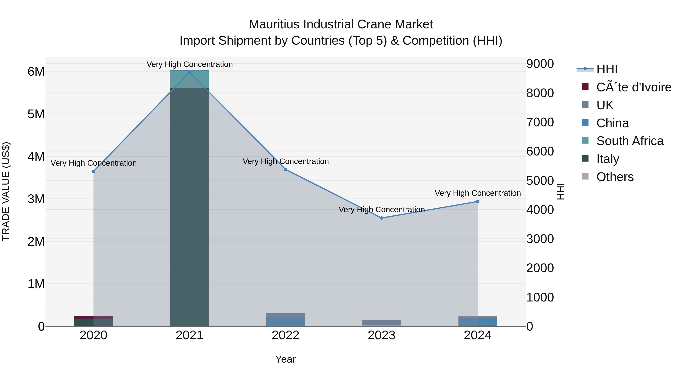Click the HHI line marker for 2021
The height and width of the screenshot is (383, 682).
[189, 72]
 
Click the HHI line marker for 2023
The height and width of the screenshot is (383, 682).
[382, 218]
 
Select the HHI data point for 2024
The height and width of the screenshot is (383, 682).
[478, 202]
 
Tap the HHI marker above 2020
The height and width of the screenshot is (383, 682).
[93, 172]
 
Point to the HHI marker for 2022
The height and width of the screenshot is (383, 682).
[285, 169]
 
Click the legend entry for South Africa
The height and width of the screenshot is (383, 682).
[630, 141]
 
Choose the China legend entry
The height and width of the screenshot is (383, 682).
[612, 123]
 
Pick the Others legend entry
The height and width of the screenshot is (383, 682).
[615, 177]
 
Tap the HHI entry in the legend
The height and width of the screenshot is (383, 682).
[607, 69]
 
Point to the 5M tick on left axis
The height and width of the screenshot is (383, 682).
[36, 114]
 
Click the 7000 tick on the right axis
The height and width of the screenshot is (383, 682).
[540, 122]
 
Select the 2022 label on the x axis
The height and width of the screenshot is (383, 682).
[285, 335]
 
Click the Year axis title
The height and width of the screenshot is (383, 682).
[285, 359]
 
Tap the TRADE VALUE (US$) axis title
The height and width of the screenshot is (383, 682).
[6, 191]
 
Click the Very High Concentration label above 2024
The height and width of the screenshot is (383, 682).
[478, 193]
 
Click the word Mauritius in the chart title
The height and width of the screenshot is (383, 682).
[274, 24]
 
